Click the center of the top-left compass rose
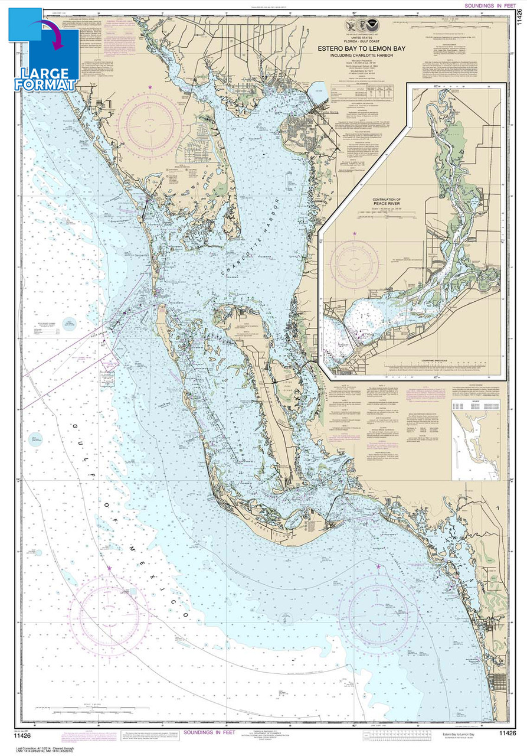149,122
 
